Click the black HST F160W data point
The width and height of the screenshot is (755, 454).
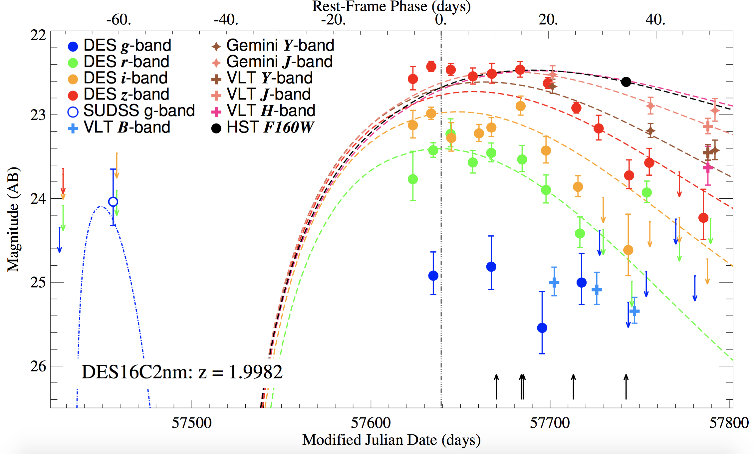[626, 82]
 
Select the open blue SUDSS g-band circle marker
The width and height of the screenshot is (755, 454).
[113, 202]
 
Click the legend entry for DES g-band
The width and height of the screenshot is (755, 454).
[120, 45]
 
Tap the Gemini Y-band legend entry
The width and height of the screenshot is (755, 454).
[273, 45]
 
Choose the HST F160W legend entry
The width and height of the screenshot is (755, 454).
[263, 127]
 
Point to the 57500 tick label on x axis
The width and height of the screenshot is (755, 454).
[192, 423]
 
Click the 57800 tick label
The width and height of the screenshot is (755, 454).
[729, 423]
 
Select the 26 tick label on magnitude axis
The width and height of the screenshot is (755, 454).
[38, 366]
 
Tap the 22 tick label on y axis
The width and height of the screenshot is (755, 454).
[38, 35]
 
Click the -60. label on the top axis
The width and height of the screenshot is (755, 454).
[119, 20]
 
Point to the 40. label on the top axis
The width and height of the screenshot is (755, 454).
[655, 20]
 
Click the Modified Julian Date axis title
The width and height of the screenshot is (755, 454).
[391, 440]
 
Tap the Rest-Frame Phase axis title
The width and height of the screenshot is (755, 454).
[391, 6]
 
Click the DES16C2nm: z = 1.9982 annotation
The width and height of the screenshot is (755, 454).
[182, 372]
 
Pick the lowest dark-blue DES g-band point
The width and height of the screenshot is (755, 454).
[542, 328]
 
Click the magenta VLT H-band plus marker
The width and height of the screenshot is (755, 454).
[708, 168]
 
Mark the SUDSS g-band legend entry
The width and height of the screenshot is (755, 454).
[131, 111]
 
